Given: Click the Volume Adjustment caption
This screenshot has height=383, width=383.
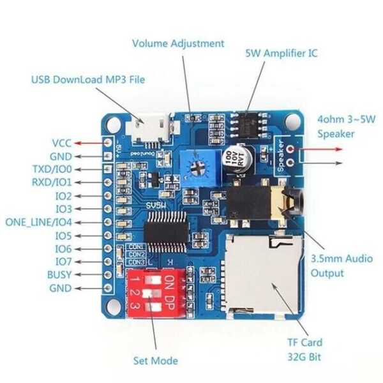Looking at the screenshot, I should click(x=178, y=43).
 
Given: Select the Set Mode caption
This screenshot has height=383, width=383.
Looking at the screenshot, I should click(x=156, y=361).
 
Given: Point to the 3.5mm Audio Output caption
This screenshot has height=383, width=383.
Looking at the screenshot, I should click(x=341, y=266).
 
